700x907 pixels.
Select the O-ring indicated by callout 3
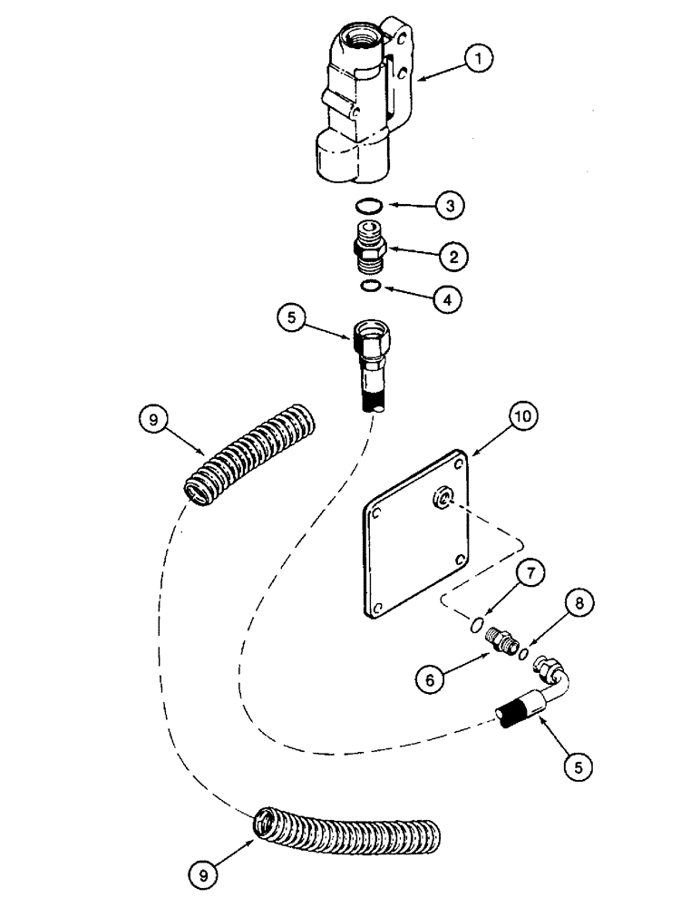coord(367,205)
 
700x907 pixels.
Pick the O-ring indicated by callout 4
coord(369,288)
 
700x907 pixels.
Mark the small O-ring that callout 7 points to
coord(476,625)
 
